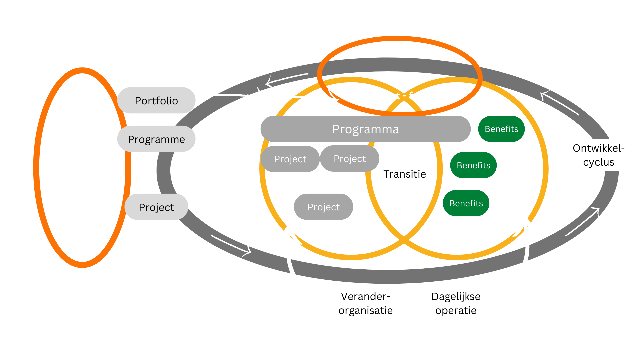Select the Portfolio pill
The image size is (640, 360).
156,100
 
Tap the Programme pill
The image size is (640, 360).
156,139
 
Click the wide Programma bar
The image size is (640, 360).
365,129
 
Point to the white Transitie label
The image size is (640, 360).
404,174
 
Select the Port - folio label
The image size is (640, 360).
405,96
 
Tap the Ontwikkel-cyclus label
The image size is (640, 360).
598,155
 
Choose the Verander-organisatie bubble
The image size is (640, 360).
366,303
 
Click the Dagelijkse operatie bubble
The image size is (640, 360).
456,303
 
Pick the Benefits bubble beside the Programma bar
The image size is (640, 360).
501,129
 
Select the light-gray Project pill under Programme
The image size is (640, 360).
156,207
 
